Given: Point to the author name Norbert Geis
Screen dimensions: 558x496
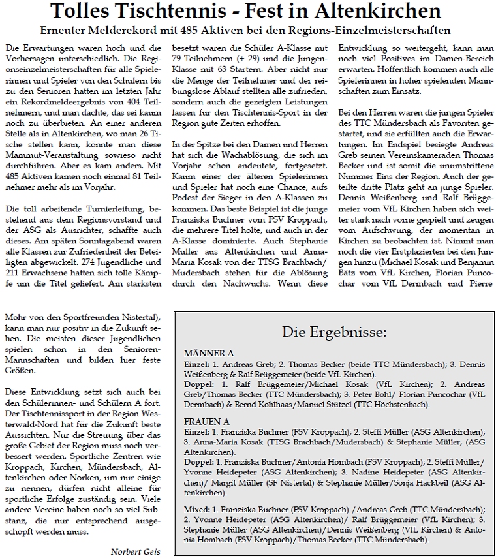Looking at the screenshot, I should pyautogui.click(x=134, y=551).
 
